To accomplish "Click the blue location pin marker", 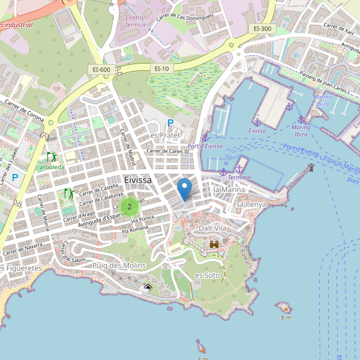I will pyautogui.click(x=185, y=188).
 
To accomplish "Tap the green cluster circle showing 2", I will pyautogui.click(x=129, y=206).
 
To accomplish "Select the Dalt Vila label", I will pyautogui.click(x=212, y=229).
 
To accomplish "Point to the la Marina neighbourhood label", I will pyautogui.click(x=228, y=190).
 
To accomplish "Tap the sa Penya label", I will pyautogui.click(x=251, y=205).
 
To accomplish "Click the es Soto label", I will pyautogui.click(x=208, y=275).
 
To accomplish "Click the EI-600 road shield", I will pyautogui.click(x=101, y=70).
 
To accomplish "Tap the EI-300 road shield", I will pyautogui.click(x=262, y=28).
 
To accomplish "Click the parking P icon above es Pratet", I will pyautogui.click(x=170, y=123).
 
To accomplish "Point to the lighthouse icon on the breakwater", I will pyautogui.click(x=311, y=167).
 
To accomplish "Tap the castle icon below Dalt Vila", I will pyautogui.click(x=214, y=244).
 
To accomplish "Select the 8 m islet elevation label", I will pyautogui.click(x=286, y=317).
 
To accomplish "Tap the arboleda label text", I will pyautogui.click(x=52, y=167).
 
